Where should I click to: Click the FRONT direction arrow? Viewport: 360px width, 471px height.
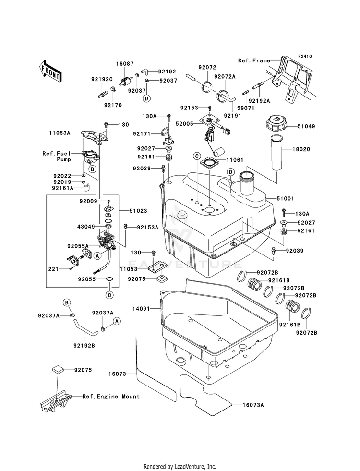50,71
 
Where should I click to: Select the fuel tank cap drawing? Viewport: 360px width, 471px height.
276,122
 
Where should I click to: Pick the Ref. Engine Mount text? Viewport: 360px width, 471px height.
111,396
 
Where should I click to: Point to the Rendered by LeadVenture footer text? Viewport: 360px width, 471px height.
180,466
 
